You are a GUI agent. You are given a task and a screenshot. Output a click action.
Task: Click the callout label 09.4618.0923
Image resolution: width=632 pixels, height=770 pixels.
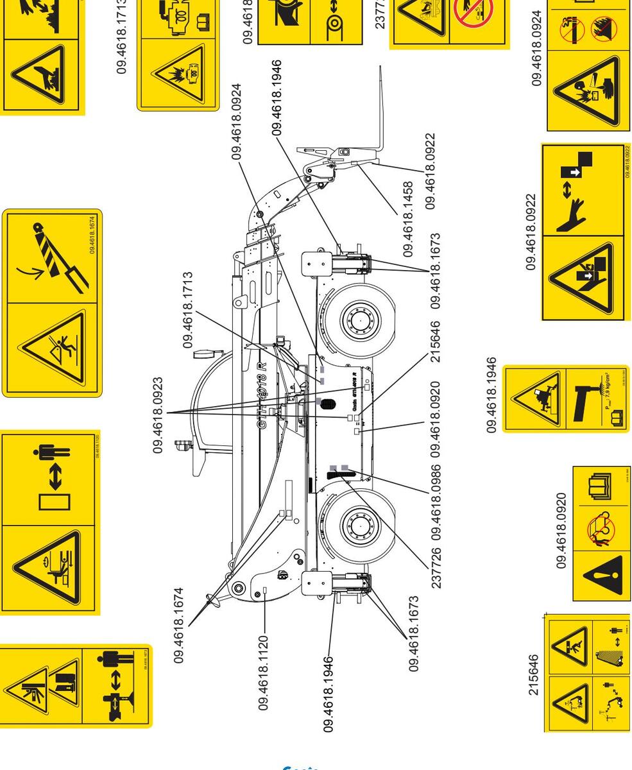pos(158,415)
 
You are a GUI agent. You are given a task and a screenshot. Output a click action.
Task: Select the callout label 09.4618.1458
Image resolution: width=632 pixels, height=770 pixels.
pos(409,219)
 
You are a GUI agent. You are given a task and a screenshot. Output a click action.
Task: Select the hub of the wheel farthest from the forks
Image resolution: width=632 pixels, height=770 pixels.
pos(355,528)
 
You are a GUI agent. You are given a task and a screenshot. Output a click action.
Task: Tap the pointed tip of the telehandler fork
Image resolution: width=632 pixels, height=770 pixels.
pos(380,67)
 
